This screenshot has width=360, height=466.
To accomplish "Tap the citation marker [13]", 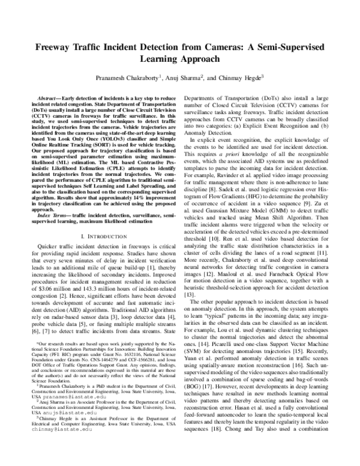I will point(191,295).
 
